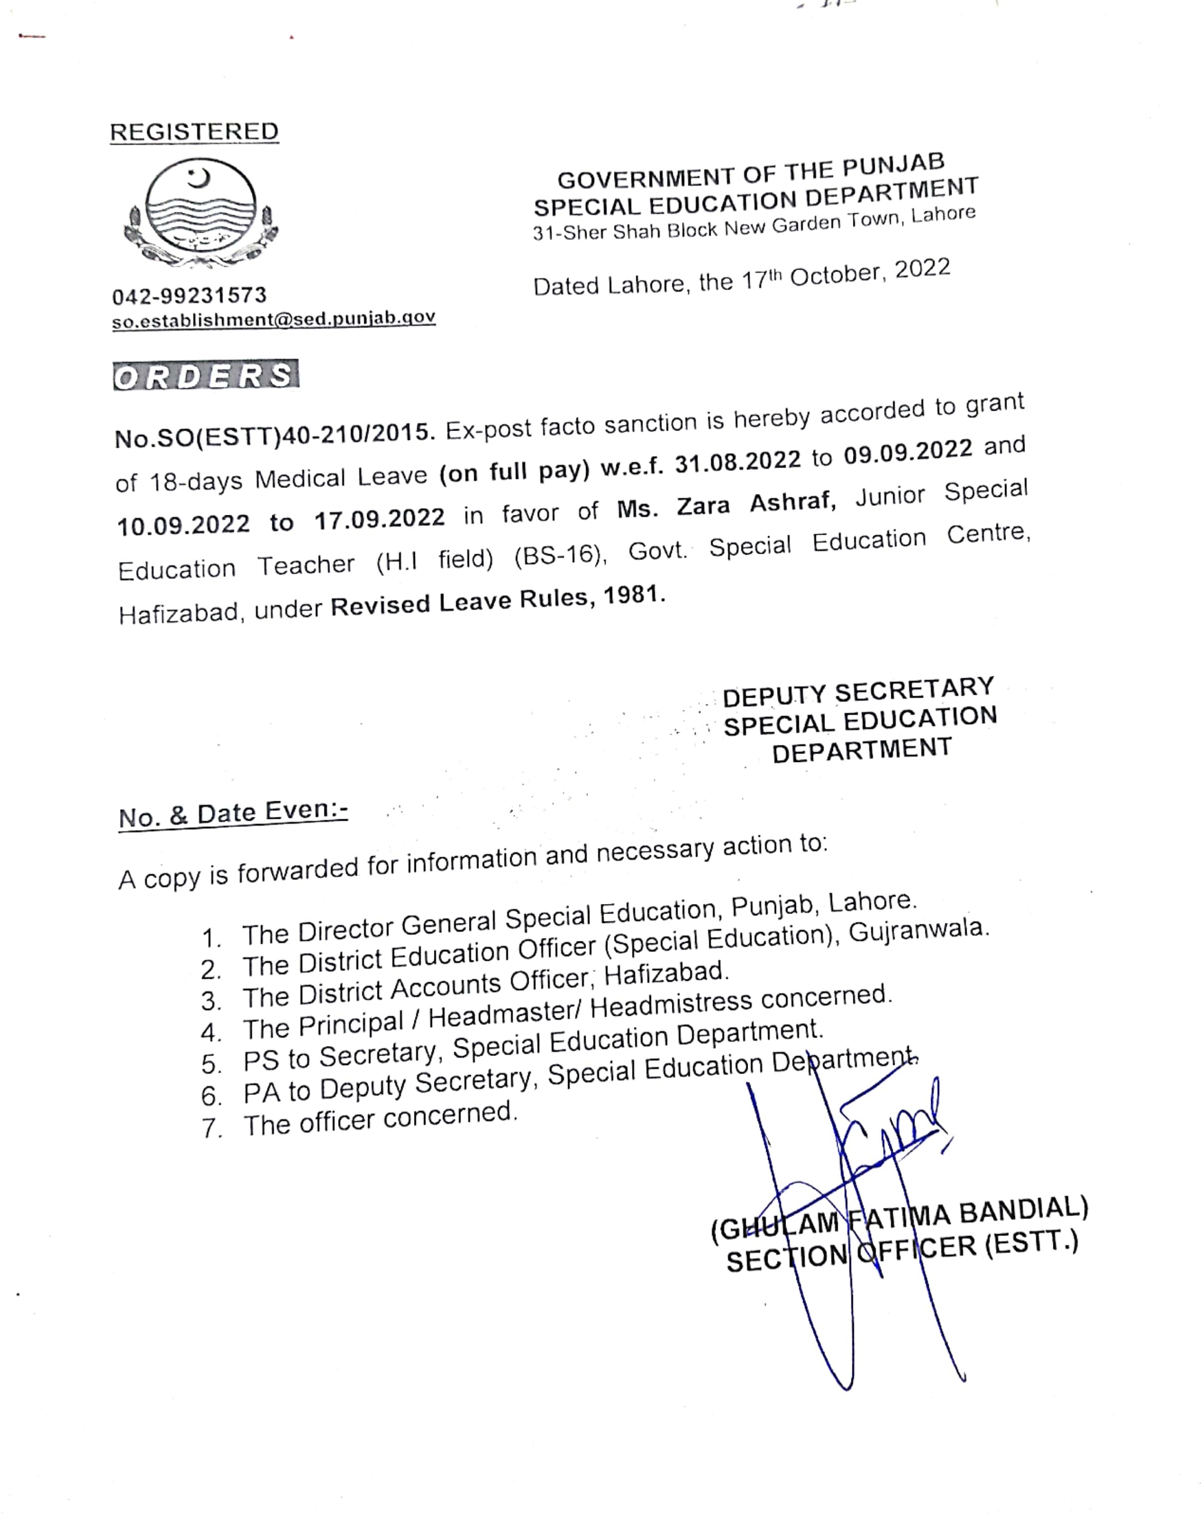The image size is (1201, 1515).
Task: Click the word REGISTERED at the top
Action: [194, 132]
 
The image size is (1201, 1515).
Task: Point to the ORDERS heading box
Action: [205, 375]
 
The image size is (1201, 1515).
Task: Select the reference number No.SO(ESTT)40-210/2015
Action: [273, 434]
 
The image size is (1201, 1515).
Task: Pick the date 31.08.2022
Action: [737, 461]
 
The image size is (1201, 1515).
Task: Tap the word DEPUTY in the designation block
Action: [774, 696]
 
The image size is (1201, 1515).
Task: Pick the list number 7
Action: [211, 1128]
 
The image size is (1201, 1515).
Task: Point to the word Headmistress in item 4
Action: [671, 1006]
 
